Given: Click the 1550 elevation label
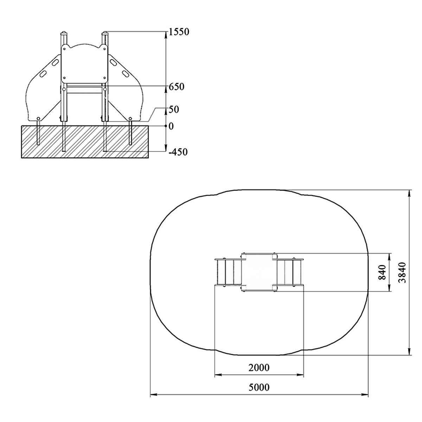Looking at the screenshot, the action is [179, 32].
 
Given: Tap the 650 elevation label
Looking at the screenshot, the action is [177, 87].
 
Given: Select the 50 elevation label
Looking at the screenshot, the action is [174, 109].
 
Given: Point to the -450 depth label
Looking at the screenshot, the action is [178, 152].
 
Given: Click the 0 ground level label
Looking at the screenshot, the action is [171, 126].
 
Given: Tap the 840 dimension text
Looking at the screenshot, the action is [382, 272].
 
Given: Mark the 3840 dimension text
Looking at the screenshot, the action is [403, 273].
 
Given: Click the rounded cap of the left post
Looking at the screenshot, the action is [64, 33].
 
